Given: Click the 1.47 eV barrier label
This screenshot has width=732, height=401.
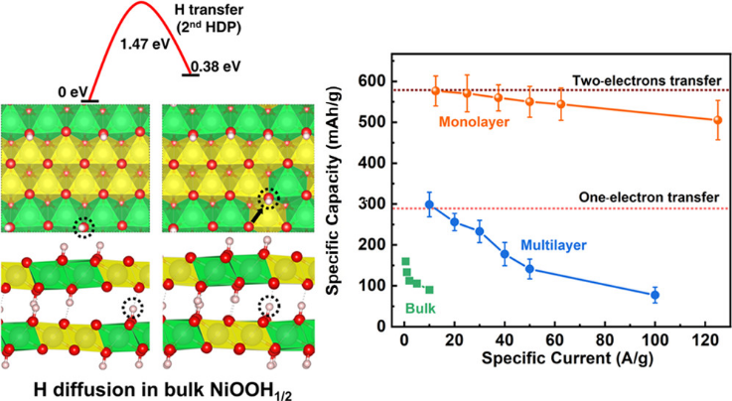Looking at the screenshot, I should [x=142, y=45].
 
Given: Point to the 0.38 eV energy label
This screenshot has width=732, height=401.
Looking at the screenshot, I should [x=216, y=67].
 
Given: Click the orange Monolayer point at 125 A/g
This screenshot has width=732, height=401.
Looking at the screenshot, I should [x=718, y=120].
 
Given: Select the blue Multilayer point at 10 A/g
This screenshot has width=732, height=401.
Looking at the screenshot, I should [x=429, y=205].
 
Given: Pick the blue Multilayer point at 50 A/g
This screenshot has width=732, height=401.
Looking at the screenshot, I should [x=529, y=269].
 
